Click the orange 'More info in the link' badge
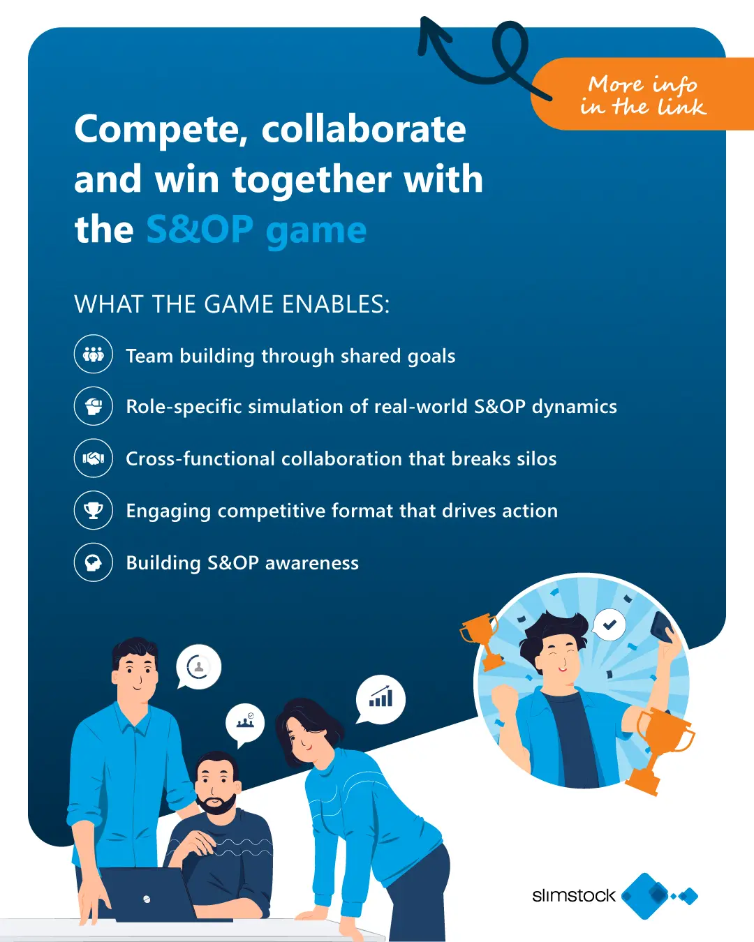[x=642, y=94]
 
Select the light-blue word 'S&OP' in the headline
[x=200, y=229]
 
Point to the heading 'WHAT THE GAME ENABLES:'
[x=232, y=304]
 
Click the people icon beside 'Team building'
[x=94, y=354]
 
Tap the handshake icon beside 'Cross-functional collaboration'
[x=94, y=458]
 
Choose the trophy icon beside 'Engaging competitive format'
[x=94, y=510]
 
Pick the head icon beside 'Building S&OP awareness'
[x=94, y=562]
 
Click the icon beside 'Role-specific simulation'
[x=94, y=406]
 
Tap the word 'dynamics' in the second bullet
[x=575, y=407]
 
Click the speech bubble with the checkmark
[x=609, y=625]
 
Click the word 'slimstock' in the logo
[x=574, y=896]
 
